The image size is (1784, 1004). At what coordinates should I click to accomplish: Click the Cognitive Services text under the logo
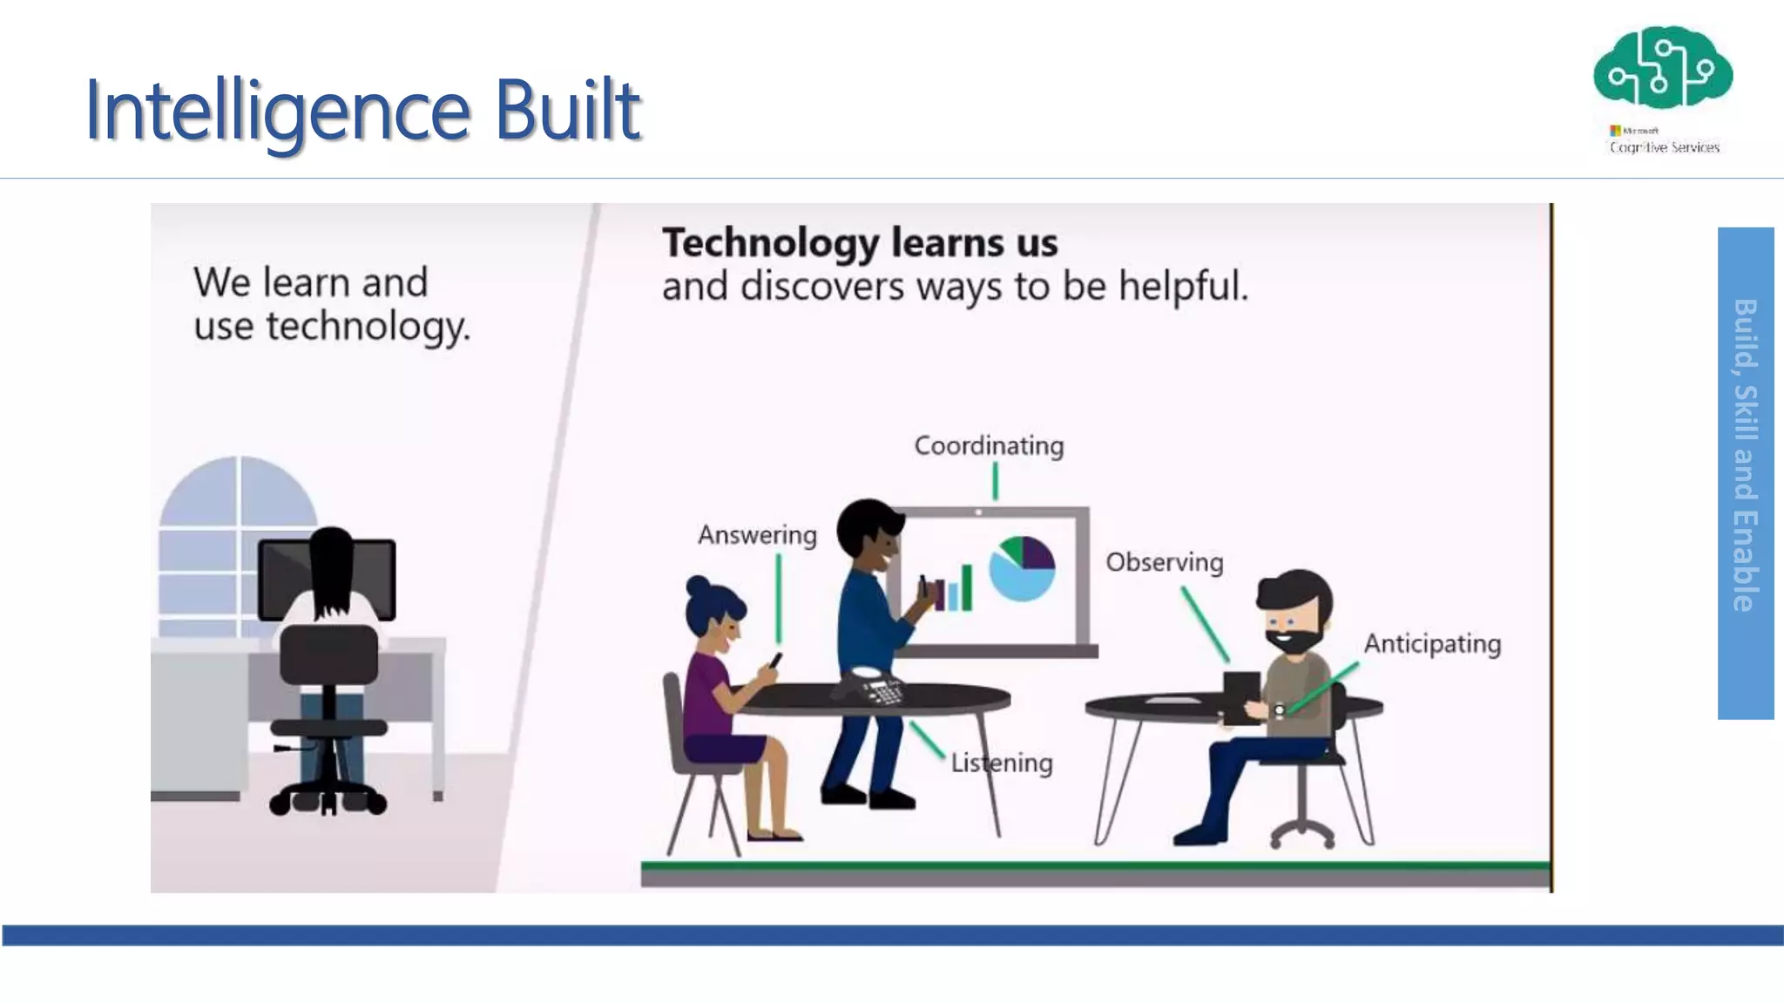(1664, 147)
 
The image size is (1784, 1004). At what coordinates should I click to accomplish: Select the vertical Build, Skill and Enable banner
(1745, 472)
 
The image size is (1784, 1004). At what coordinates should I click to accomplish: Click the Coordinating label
(989, 446)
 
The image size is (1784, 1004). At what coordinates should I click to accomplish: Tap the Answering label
(757, 535)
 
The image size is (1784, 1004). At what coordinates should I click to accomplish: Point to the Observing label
(1164, 562)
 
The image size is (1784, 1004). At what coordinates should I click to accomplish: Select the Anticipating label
(1432, 644)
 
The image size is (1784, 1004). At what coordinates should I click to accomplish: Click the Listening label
(1002, 763)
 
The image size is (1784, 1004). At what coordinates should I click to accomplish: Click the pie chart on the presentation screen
(1023, 568)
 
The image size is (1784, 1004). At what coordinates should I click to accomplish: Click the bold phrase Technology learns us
(860, 243)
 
